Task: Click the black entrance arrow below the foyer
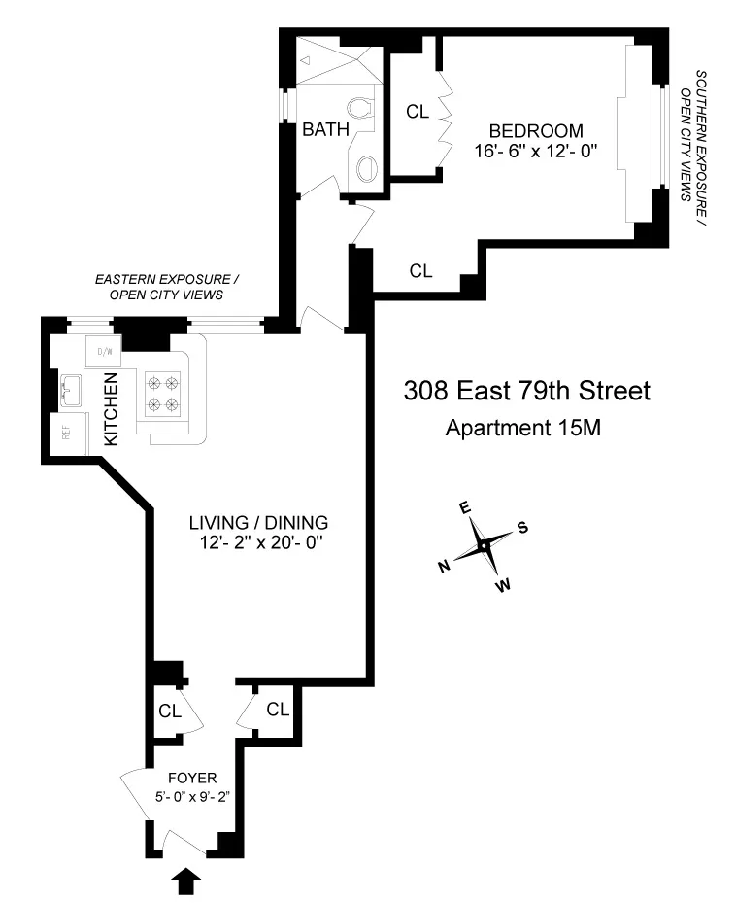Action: point(188,881)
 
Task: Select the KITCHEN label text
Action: point(111,408)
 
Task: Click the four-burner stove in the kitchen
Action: point(163,393)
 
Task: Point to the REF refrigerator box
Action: point(67,434)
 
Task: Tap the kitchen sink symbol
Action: point(69,392)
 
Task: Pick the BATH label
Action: point(319,129)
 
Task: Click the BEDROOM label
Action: point(536,130)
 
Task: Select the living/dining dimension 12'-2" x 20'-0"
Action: point(257,542)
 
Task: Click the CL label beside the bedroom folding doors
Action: point(418,112)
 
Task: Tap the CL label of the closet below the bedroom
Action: point(420,271)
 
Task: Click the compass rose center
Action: point(484,546)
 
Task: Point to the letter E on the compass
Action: point(465,507)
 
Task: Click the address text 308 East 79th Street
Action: point(526,392)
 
